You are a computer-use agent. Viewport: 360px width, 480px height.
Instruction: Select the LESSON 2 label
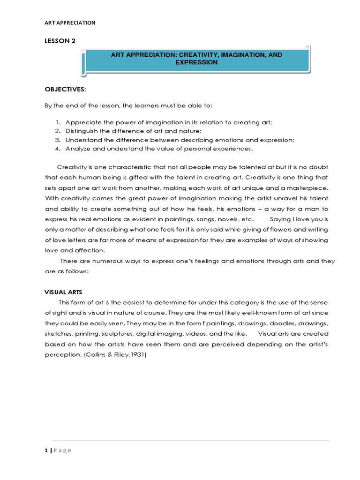(x=60, y=42)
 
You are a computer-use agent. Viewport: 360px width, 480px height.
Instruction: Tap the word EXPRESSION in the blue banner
(x=197, y=62)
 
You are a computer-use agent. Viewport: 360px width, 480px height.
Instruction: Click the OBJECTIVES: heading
(x=63, y=89)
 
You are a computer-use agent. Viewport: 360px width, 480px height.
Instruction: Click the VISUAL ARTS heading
(x=63, y=292)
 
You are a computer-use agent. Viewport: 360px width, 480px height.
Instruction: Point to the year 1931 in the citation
(x=139, y=355)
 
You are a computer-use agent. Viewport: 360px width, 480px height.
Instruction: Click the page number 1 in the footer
(x=46, y=450)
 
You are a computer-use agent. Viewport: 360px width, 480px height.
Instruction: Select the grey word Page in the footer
(x=62, y=450)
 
